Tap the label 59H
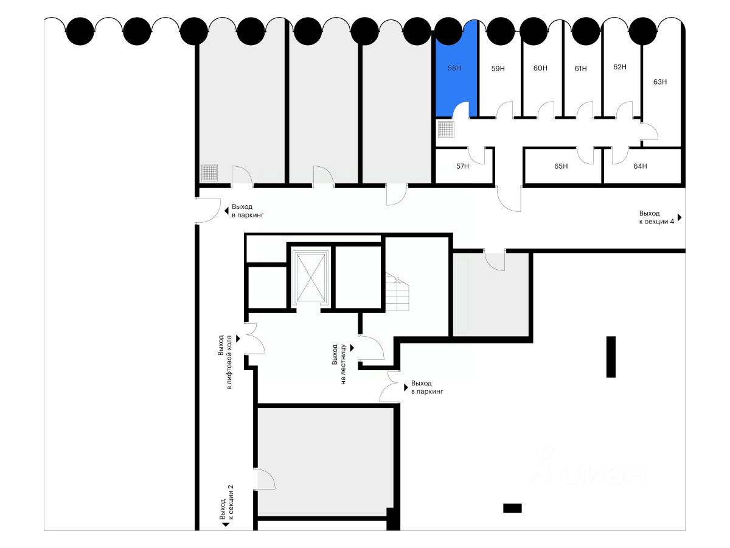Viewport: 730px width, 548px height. [x=498, y=69]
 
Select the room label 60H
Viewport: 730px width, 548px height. [x=540, y=68]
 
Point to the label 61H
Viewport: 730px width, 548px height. [x=580, y=69]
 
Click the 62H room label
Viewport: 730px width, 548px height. [x=620, y=67]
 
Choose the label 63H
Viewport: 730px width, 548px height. [x=660, y=82]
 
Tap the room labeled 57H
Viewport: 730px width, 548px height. [x=462, y=166]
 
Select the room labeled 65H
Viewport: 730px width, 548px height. [x=561, y=166]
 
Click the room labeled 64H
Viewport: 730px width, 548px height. [x=640, y=166]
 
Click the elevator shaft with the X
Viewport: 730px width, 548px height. [x=310, y=277]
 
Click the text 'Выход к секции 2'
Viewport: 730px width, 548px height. [x=225, y=503]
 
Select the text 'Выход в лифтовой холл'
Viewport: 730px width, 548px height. [x=225, y=362]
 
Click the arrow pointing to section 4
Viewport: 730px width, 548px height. [x=680, y=217]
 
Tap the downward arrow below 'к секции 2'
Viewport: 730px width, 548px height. [x=225, y=524]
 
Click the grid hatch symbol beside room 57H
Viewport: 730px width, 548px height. [x=446, y=129]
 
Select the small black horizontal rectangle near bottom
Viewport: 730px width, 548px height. [x=512, y=508]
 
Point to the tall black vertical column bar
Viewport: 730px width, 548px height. [x=611, y=357]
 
